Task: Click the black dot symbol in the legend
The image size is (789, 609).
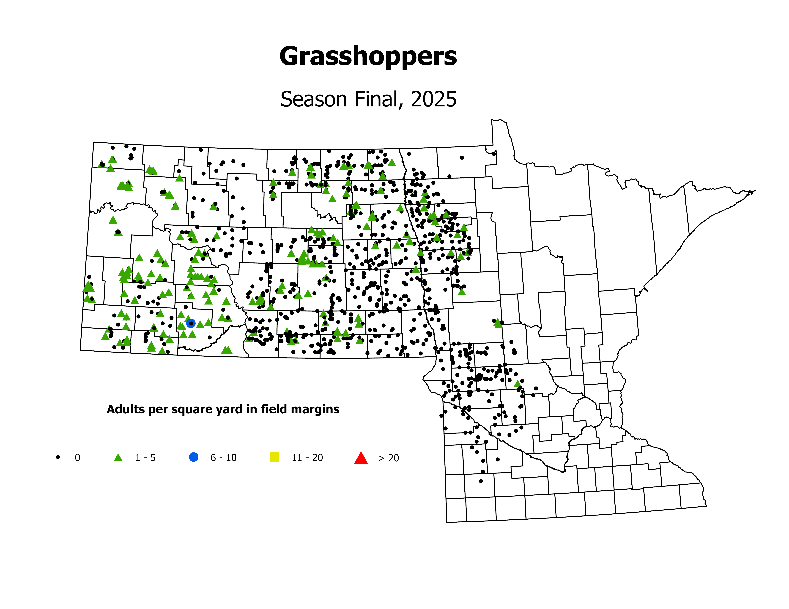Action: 58,457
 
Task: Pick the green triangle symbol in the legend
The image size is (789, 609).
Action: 118,457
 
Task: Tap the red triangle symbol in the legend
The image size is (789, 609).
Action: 361,458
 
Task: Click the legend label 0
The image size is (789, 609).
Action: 77,458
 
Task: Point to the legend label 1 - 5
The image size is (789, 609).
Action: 145,458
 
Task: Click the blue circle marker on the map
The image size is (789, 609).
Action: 191,323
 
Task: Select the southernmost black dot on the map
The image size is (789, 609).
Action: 480,481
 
